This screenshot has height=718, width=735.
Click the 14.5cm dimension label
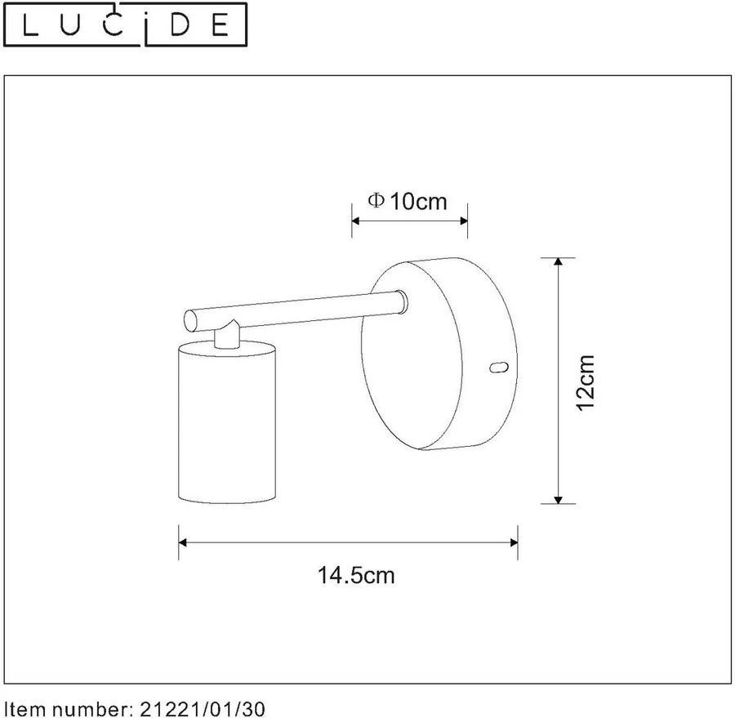point(355,575)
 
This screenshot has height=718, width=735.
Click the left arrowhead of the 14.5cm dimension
point(184,542)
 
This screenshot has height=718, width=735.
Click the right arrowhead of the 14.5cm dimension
point(513,542)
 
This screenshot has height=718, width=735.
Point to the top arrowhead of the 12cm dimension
point(558,263)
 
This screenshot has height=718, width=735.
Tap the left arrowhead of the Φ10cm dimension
point(356,221)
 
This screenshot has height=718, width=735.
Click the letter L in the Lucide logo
point(29,27)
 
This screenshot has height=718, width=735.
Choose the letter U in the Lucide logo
point(77,27)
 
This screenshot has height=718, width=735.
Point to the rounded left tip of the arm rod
point(188,318)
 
